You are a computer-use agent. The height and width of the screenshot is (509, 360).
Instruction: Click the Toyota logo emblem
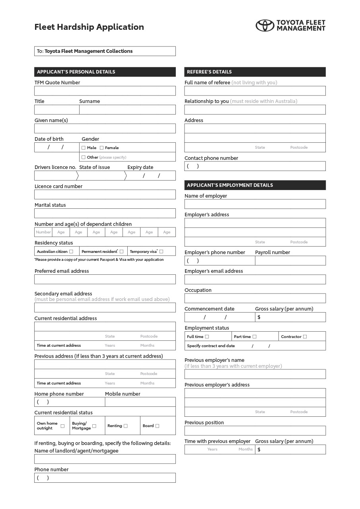[x=265, y=25]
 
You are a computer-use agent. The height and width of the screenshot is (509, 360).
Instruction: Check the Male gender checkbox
[x=84, y=148]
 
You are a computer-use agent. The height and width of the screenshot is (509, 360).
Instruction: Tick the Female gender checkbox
[x=102, y=148]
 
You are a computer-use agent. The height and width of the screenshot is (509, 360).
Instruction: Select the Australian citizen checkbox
[x=71, y=251]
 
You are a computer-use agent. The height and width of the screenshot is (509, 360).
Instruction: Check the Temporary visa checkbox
[x=161, y=251]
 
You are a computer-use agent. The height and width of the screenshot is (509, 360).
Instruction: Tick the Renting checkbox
[x=126, y=426]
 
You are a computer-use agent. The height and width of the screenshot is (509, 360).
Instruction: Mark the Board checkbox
[x=157, y=426]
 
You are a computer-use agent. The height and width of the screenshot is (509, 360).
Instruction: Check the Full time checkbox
[x=207, y=337]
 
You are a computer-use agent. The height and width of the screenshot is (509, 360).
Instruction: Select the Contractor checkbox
[x=305, y=337]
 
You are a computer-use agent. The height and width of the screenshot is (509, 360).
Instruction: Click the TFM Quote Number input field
[x=105, y=91]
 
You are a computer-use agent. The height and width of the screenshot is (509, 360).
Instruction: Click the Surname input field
[x=127, y=110]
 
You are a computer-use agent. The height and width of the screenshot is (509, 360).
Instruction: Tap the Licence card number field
[x=105, y=194]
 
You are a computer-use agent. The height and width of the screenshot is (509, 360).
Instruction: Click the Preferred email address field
[x=105, y=279]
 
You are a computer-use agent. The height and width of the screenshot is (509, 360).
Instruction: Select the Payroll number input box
[x=290, y=261]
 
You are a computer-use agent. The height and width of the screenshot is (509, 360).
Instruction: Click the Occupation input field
[x=255, y=298]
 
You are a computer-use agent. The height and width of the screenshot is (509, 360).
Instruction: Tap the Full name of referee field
[x=255, y=91]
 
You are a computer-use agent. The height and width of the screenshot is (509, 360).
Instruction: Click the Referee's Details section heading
[x=209, y=72]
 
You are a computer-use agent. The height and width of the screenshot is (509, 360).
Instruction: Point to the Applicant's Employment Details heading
[x=230, y=185]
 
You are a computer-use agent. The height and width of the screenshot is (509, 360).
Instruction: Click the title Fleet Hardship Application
[x=89, y=27]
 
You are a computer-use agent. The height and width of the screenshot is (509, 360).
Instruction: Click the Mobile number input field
[x=140, y=402]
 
